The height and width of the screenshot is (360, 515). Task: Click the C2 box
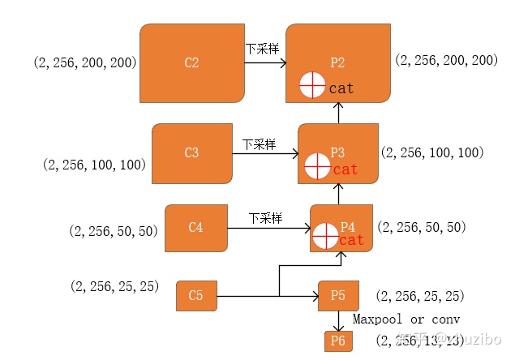click(x=192, y=63)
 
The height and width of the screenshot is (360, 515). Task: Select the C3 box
click(x=192, y=152)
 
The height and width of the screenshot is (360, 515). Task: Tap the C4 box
click(x=195, y=228)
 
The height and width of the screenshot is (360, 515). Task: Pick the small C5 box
click(x=196, y=295)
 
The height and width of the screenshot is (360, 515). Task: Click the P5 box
click(x=338, y=295)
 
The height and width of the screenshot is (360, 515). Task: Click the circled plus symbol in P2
click(x=312, y=85)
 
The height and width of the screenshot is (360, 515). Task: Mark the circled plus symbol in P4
click(x=324, y=236)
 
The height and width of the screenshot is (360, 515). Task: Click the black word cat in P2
click(x=341, y=88)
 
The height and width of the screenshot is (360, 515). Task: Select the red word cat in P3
click(x=345, y=169)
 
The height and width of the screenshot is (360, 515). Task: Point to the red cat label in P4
click(x=352, y=240)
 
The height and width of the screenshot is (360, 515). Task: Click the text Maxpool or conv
click(x=406, y=319)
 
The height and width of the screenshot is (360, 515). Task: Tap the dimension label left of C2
click(x=85, y=62)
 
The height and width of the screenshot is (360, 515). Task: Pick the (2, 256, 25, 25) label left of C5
click(x=114, y=286)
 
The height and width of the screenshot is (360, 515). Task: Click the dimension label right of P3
click(x=431, y=152)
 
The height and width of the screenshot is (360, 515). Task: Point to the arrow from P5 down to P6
click(x=338, y=321)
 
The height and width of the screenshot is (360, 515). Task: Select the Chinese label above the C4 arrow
click(x=264, y=218)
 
